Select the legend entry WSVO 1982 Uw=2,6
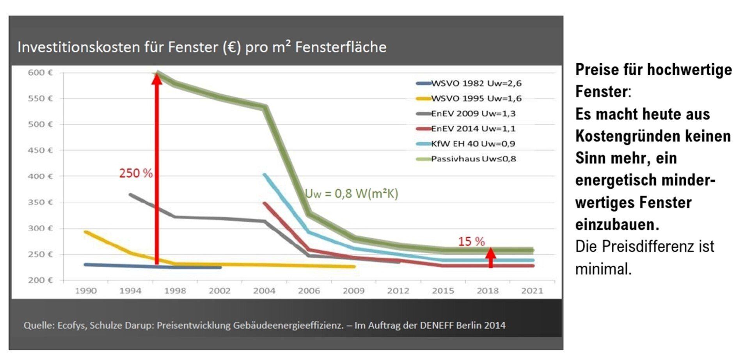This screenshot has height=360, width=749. pos(476,83)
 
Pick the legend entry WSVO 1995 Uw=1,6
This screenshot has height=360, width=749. pos(476,98)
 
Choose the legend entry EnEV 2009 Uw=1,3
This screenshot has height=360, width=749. pos(473,113)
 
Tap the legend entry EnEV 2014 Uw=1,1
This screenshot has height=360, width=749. pos(473,129)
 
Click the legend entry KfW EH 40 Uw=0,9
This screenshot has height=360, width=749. pos(473,144)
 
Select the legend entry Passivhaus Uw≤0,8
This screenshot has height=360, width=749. pos(473,159)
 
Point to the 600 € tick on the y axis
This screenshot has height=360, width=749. pos(40,73)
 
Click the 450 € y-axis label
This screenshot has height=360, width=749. pos(40,150)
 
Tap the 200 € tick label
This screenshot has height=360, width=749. pos(40,280)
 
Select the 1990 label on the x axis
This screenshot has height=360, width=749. pos(86,291)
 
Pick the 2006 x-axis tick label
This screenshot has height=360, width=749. pos(309,291)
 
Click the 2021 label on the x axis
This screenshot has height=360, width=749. pos(532,291)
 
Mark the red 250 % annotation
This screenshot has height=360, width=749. pos(136,173)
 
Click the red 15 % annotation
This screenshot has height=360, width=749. pos(471,241)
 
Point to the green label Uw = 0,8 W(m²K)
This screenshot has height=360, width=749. pos(351,193)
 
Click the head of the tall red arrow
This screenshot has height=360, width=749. pos(157,78)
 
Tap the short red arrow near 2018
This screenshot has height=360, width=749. pos(491,257)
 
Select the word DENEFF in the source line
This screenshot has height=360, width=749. pos(437,325)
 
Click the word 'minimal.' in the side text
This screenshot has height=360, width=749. pos(603,269)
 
